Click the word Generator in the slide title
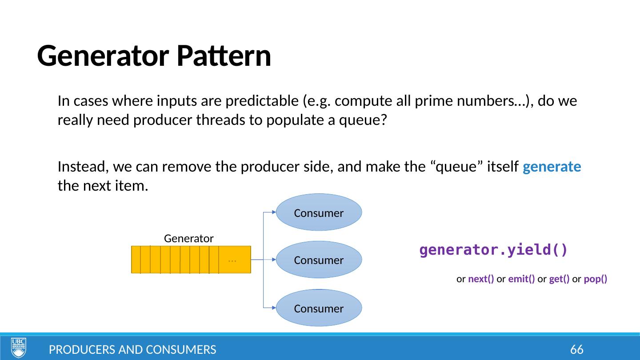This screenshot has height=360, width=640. pos(103,56)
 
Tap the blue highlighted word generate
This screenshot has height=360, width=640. pos(552,168)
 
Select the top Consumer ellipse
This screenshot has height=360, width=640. pos(319,212)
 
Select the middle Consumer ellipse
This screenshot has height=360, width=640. pos(319,260)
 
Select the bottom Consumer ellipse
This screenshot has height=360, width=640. pos(319,308)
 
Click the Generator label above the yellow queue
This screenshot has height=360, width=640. pos(189,238)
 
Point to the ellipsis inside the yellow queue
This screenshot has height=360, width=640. pos(232,260)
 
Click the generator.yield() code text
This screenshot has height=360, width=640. pos(493,250)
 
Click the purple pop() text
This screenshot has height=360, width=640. pos(596,279)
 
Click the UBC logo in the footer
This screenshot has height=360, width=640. pos(19,348)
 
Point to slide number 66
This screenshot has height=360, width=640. pos(576,350)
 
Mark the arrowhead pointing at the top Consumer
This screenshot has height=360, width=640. pos(274,212)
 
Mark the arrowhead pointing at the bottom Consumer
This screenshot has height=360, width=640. pos(274,308)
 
